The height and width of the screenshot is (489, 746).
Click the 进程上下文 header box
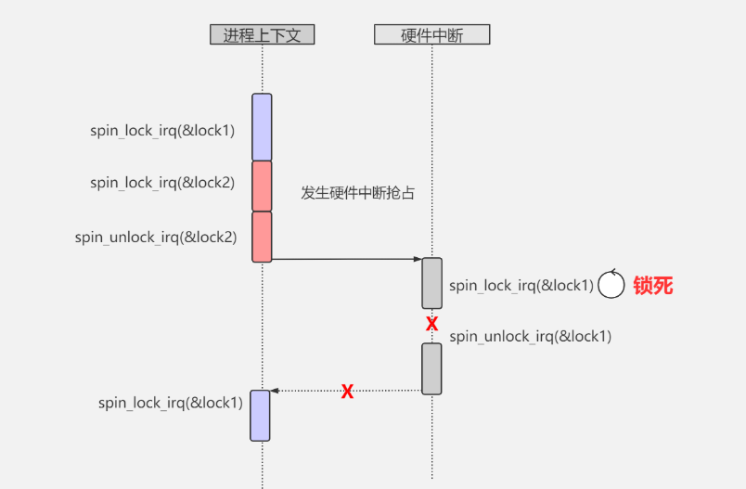coord(262,35)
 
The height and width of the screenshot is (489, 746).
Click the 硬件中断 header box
coord(431,35)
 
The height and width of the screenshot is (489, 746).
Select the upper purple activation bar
coord(262,127)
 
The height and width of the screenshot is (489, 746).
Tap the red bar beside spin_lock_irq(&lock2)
coord(262,186)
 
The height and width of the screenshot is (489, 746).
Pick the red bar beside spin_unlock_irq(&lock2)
coord(262,237)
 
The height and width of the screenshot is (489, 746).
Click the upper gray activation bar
coord(431,283)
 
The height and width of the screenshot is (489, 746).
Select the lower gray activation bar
coord(431,368)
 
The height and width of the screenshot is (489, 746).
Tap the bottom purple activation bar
coord(260,415)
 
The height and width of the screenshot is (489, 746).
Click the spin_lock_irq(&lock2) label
coord(162,183)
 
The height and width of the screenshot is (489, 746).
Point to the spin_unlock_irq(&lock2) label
coord(156,237)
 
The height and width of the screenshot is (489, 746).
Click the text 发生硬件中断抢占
coord(357,193)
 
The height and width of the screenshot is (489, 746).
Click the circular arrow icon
coord(611,285)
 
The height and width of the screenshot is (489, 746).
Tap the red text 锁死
coord(652,285)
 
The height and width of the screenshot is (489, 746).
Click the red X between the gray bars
coord(431,324)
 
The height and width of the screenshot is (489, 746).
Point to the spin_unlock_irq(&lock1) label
coord(530,336)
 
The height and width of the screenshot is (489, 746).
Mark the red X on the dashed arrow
coord(347,391)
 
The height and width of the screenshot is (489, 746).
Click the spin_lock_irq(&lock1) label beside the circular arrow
coord(521,285)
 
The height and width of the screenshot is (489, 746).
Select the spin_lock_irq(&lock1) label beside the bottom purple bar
coord(170,403)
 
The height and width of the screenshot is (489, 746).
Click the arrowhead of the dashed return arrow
coord(275,391)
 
